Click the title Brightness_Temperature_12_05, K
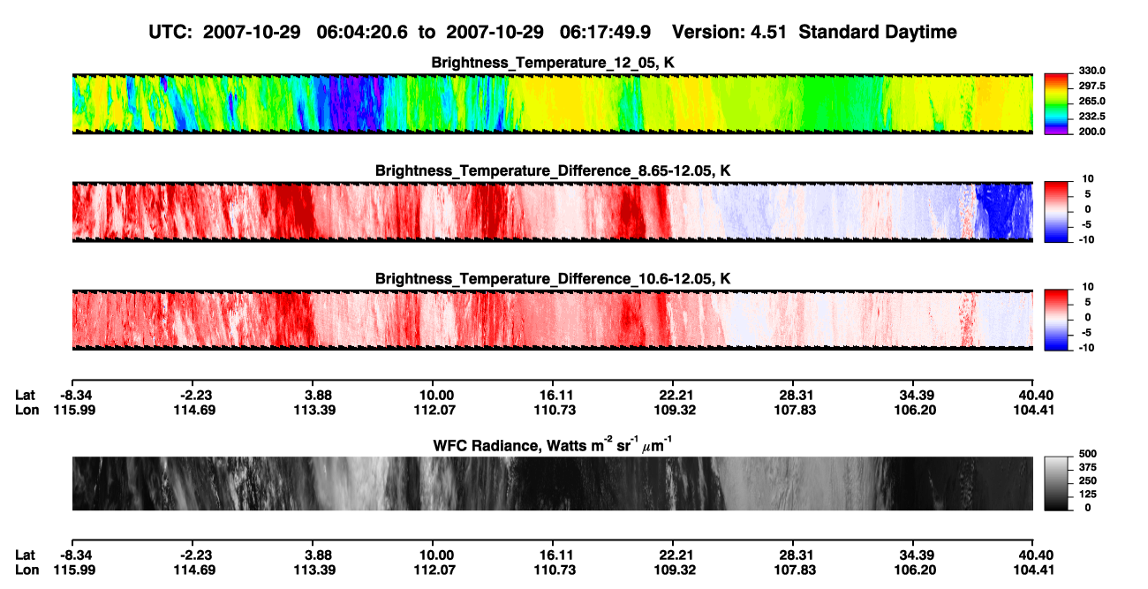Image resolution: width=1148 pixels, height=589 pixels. pyautogui.click(x=552, y=63)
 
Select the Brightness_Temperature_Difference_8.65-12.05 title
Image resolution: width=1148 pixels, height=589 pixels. pyautogui.click(x=552, y=170)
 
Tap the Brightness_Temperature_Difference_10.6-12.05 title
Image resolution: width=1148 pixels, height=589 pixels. pyautogui.click(x=552, y=279)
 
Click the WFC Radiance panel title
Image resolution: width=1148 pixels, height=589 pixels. pyautogui.click(x=552, y=445)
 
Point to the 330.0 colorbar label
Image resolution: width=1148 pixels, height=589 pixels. pyautogui.click(x=1091, y=71)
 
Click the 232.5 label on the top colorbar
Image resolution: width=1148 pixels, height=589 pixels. pyautogui.click(x=1091, y=117)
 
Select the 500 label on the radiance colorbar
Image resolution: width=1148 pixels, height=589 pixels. pyautogui.click(x=1088, y=454)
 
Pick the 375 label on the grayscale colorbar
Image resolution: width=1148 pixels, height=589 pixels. pyautogui.click(x=1088, y=467)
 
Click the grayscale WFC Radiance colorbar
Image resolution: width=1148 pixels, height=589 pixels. pyautogui.click(x=1056, y=483)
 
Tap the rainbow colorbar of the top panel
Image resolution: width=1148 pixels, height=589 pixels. pyautogui.click(x=1056, y=104)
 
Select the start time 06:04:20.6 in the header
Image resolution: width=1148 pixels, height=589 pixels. pyautogui.click(x=362, y=32)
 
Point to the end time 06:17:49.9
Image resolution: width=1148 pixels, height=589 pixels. pyautogui.click(x=605, y=32)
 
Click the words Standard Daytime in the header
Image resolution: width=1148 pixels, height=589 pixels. pyautogui.click(x=878, y=33)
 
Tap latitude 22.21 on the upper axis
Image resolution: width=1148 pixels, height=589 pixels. pyautogui.click(x=676, y=396)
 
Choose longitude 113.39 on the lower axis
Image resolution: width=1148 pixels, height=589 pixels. pyautogui.click(x=314, y=570)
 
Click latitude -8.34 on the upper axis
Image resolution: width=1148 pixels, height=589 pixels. pyautogui.click(x=76, y=396)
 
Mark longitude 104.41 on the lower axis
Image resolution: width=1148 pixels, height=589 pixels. pyautogui.click(x=1034, y=570)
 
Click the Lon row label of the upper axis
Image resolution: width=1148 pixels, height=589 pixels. pyautogui.click(x=26, y=410)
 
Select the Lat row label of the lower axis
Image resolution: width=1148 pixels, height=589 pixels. pyautogui.click(x=25, y=555)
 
